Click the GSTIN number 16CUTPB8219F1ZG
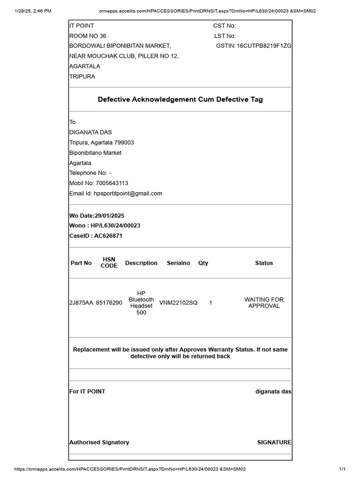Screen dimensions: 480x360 tap(264, 46)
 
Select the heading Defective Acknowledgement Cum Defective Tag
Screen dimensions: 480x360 tap(180, 99)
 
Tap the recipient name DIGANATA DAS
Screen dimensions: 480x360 tap(90, 132)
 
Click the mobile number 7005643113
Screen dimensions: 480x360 tap(112, 183)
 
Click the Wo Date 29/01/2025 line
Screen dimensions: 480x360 tap(97, 215)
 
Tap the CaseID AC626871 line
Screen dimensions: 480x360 tap(96, 236)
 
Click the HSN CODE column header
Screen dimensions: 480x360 tap(109, 263)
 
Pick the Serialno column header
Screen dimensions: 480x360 tap(179, 263)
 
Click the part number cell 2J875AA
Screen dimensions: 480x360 tap(81, 303)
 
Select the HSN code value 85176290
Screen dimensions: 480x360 tap(109, 303)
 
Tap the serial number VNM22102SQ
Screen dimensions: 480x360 tap(179, 303)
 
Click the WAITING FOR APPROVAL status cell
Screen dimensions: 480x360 tap(264, 303)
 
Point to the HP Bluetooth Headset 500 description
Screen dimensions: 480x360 tap(141, 303)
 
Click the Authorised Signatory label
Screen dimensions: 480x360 tap(99, 442)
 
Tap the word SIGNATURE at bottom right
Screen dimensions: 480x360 tap(274, 442)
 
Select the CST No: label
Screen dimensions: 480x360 tap(225, 26)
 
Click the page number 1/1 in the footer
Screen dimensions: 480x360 tap(342, 469)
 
